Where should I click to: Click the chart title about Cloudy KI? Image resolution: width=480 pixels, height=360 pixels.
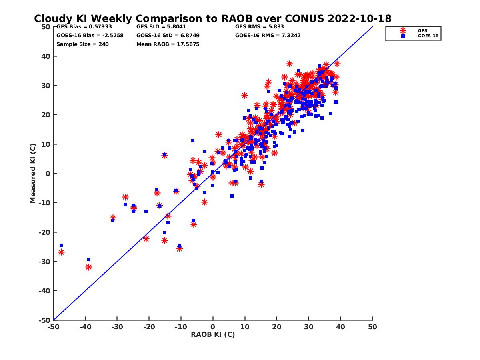(212, 19)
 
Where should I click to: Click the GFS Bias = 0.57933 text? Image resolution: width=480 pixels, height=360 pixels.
(84, 27)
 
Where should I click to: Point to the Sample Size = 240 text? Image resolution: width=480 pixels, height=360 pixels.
(82, 44)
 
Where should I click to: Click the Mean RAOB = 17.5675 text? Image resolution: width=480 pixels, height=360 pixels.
(168, 44)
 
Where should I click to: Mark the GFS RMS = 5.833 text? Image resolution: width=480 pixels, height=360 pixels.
(260, 27)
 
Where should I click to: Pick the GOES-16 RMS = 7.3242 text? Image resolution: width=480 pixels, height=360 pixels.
(268, 35)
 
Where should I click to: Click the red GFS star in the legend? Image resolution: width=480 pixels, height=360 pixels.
(403, 30)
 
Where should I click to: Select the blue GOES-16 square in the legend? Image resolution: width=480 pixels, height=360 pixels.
(403, 36)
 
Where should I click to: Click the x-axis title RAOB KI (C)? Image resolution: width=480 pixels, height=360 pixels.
(213, 334)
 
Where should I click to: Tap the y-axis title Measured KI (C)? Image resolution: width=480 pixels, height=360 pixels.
(33, 173)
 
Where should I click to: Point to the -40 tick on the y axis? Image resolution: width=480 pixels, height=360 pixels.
(44, 291)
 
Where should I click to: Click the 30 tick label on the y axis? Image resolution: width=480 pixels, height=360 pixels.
(46, 86)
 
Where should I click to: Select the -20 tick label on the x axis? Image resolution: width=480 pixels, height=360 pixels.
(149, 327)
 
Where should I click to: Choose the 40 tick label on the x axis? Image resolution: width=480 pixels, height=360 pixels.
(341, 327)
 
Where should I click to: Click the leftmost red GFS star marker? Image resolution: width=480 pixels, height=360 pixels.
(61, 252)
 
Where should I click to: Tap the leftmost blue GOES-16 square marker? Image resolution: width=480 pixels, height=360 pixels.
(61, 245)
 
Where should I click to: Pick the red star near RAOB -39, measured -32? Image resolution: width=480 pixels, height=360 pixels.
(89, 267)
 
